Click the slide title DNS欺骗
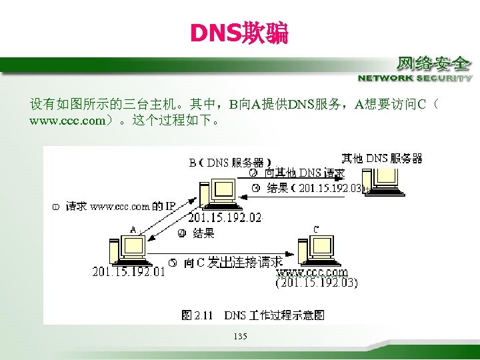pyautogui.click(x=239, y=33)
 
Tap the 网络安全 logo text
pyautogui.click(x=434, y=64)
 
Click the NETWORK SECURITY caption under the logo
pyautogui.click(x=415, y=78)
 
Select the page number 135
pyautogui.click(x=240, y=336)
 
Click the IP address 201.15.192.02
pyautogui.click(x=225, y=217)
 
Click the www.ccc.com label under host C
pyautogui.click(x=312, y=272)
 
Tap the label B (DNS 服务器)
pyautogui.click(x=229, y=162)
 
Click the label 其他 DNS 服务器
pyautogui.click(x=382, y=158)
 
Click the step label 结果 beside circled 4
pyautogui.click(x=203, y=233)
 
